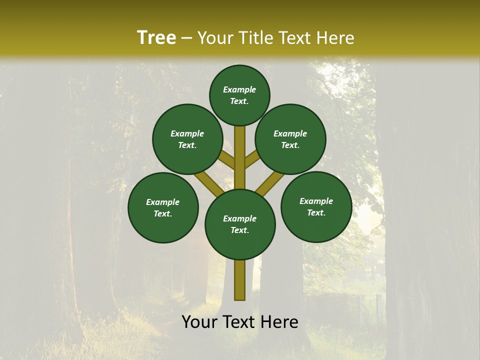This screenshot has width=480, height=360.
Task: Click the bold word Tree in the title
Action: (x=156, y=37)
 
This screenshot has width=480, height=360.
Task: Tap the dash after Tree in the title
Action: (x=187, y=38)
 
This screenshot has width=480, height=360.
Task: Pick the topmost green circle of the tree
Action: (x=239, y=95)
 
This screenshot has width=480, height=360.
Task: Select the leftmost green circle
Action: (x=163, y=207)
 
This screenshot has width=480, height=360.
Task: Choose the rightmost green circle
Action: (x=316, y=206)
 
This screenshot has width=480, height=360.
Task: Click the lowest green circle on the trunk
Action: (x=240, y=224)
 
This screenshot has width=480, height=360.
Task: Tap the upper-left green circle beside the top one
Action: (x=187, y=139)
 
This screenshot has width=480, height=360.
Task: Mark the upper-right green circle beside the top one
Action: (x=290, y=139)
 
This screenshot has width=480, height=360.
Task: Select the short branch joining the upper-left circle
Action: (x=227, y=160)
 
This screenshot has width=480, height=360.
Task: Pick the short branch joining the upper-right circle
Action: (x=252, y=160)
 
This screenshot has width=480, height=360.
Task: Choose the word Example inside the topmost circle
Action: (x=239, y=89)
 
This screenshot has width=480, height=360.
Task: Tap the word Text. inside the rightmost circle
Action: (x=316, y=212)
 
